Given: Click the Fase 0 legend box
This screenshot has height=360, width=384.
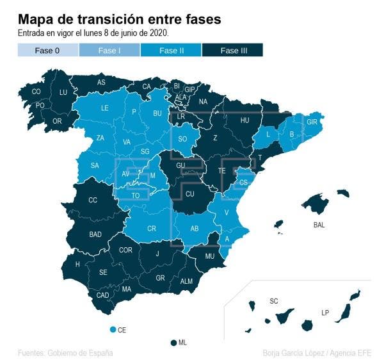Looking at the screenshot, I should click(x=48, y=50).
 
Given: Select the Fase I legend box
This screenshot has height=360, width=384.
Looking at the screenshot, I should click(x=109, y=50).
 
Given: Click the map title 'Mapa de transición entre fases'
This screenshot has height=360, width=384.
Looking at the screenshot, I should click(x=120, y=20).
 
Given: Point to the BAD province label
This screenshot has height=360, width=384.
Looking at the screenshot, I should click(x=95, y=234).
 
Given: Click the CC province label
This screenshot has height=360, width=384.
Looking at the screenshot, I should click(x=93, y=200).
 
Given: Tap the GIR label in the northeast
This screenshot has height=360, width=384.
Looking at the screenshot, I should click(x=312, y=122).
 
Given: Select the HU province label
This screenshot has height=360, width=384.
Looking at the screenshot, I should click(x=244, y=120).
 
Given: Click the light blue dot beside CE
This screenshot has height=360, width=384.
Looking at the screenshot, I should click(x=113, y=329).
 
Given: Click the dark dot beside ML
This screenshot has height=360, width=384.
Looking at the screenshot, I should click(x=173, y=343).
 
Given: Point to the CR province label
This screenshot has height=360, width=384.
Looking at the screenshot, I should click(x=152, y=229).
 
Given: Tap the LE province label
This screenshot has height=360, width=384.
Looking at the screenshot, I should click(x=105, y=108).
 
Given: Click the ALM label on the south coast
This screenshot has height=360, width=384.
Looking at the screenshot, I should click(x=186, y=281).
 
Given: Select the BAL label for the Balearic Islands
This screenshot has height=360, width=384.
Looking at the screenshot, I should click(x=319, y=225).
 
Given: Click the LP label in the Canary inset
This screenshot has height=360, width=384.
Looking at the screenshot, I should click(x=325, y=313).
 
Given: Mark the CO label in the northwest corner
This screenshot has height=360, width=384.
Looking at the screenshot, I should click(x=36, y=92).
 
